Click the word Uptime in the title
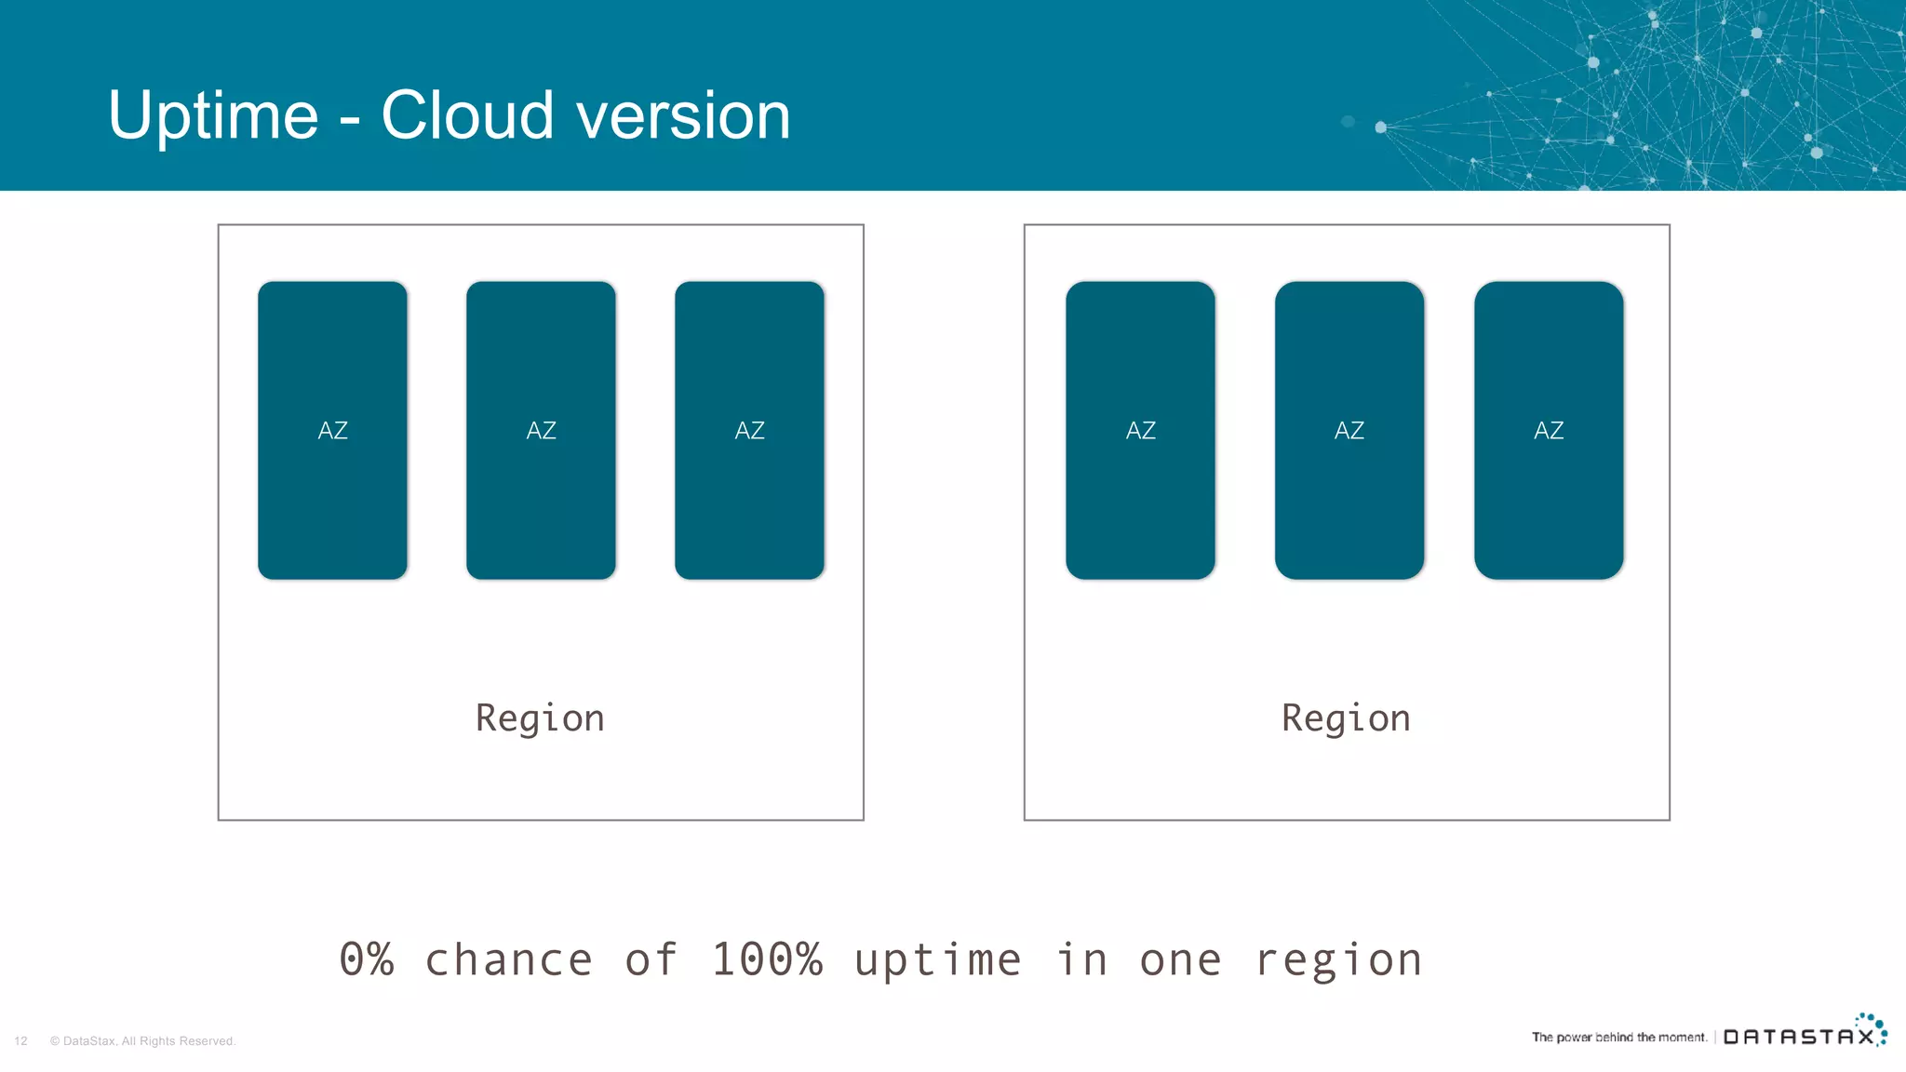coord(213,116)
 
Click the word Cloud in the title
coord(467,116)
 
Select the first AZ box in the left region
coord(332,430)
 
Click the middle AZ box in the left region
coord(541,430)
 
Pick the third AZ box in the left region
coord(749,430)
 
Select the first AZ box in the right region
coord(1140,430)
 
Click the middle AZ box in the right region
coord(1349,430)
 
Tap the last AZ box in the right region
coord(1549,430)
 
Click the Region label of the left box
coord(540,718)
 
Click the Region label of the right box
coord(1346,718)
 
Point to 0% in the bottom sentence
coord(367,959)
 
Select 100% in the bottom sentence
coord(767,959)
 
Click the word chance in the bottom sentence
coord(508,959)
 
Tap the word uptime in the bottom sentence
coord(937,959)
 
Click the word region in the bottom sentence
coord(1338,959)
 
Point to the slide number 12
coord(20,1041)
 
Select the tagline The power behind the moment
coord(1619,1037)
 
